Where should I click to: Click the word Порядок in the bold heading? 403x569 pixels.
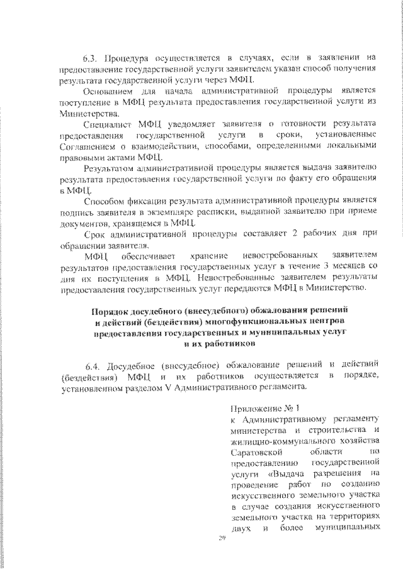coord(110,311)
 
